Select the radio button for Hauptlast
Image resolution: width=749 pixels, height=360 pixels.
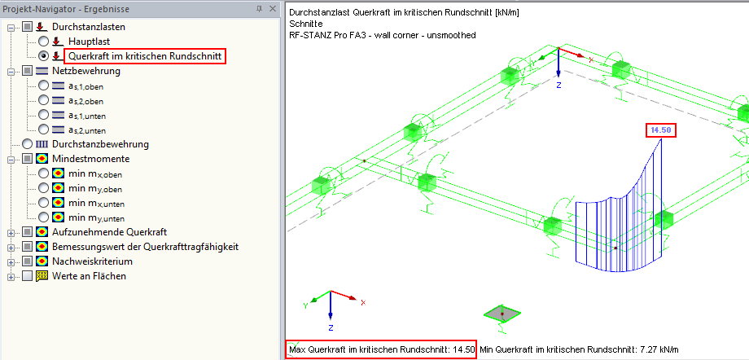pos(43,42)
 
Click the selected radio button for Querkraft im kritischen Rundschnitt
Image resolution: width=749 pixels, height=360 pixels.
pos(43,56)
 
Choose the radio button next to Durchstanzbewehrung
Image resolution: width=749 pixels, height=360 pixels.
pos(28,144)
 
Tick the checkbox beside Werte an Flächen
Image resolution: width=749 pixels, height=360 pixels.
pos(28,276)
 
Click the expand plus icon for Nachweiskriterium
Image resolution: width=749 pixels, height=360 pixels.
pos(11,261)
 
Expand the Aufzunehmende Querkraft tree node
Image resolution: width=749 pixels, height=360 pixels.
pos(11,232)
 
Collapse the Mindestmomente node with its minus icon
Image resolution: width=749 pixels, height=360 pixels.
pos(11,159)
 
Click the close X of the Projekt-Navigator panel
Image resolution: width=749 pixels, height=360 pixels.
pos(273,9)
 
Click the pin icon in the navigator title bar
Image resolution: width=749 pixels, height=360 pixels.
pos(260,9)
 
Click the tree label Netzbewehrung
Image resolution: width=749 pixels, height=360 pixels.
pos(86,71)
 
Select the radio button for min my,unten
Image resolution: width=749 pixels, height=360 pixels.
pos(43,217)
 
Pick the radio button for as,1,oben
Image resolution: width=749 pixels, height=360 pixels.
pos(43,86)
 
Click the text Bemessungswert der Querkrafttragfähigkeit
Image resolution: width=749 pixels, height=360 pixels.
pos(145,247)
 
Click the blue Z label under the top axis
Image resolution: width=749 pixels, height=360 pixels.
pos(558,85)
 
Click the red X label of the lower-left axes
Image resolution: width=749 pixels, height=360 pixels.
pos(363,303)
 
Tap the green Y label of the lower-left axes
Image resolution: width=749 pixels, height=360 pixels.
pos(304,305)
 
